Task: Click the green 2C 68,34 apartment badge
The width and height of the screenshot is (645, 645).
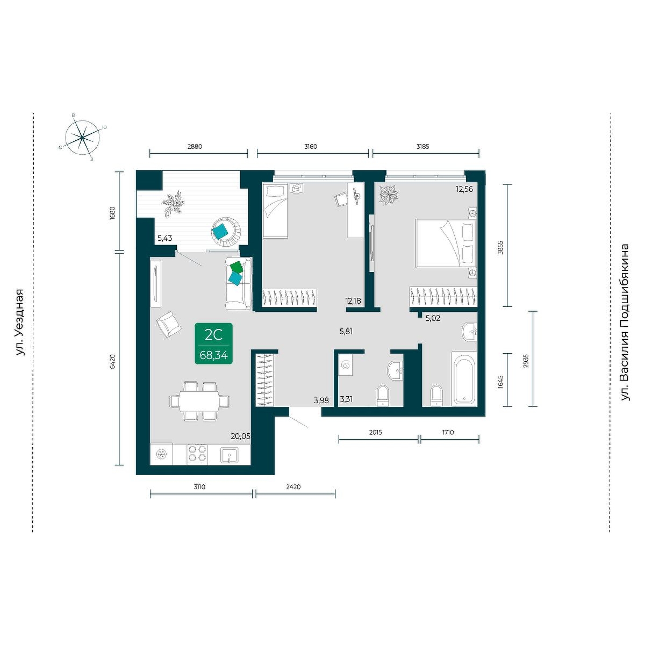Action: pos(213,343)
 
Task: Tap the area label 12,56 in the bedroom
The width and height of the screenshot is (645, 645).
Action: pos(464,189)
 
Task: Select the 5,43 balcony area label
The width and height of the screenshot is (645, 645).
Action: pos(164,238)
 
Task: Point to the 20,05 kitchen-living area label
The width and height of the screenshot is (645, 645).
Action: pos(240,436)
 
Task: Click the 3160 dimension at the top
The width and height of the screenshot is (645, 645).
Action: pos(311,146)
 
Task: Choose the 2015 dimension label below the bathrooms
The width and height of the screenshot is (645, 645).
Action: pos(376,432)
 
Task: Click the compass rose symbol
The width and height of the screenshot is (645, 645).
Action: pos(82,138)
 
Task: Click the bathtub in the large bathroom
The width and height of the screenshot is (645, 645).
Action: pos(463,378)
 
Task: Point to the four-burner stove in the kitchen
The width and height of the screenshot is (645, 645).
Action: pos(197,454)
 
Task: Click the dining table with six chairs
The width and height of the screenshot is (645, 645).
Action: pos(200,401)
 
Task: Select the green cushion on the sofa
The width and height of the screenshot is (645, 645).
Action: pos(236,267)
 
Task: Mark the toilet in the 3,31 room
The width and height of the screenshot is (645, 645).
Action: pos(383,396)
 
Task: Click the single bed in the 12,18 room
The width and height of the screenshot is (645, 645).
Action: pos(275,210)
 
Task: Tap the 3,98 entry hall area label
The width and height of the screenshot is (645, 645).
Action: pos(321,400)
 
